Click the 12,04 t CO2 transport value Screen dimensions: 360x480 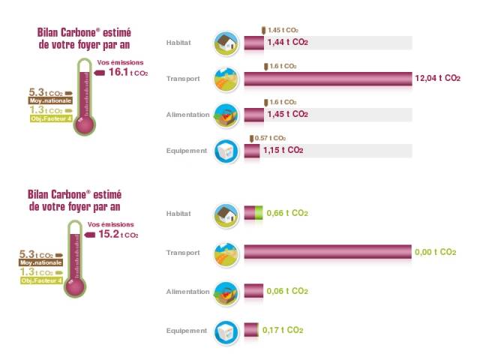pos(438,78)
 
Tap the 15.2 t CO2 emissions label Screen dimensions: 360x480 pos(118,234)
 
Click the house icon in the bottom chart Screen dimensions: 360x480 pos(226,214)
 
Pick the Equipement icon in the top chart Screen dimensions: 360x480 pos(226,151)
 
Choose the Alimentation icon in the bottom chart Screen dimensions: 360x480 pos(226,292)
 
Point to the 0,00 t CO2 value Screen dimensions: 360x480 pos(435,253)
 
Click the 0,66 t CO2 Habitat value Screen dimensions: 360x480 pos(287,214)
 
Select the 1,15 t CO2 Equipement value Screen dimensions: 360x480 pos(283,151)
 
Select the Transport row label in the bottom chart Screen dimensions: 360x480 pos(183,253)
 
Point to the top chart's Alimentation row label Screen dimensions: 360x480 pos(187,115)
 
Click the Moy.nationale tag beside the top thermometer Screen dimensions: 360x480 pos(46,100)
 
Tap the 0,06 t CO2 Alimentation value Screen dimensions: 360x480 pos(287,292)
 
